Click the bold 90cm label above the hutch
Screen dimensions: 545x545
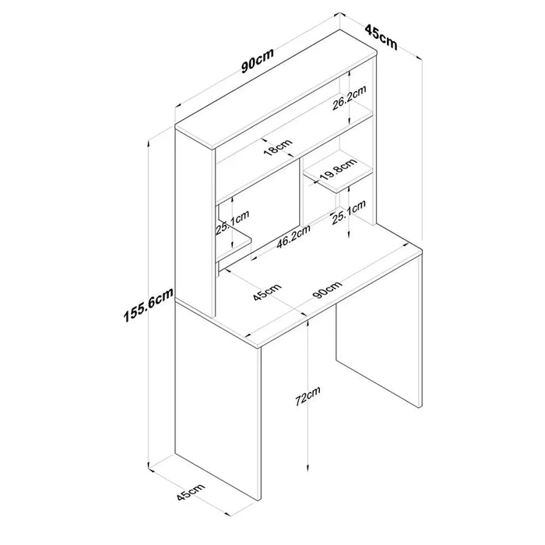258,61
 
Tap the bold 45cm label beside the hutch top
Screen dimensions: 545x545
381,37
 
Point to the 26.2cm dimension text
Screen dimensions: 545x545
349,97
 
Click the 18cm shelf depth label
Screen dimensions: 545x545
277,147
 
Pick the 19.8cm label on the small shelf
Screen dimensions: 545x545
338,169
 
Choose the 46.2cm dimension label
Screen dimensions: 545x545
293,237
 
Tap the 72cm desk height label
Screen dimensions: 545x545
308,396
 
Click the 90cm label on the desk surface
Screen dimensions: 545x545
327,290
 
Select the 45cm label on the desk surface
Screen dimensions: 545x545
266,292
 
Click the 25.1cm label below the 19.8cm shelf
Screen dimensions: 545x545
349,213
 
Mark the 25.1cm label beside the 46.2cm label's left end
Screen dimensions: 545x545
233,223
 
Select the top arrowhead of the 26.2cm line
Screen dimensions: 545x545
349,73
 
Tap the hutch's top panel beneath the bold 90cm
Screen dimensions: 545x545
276,90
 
